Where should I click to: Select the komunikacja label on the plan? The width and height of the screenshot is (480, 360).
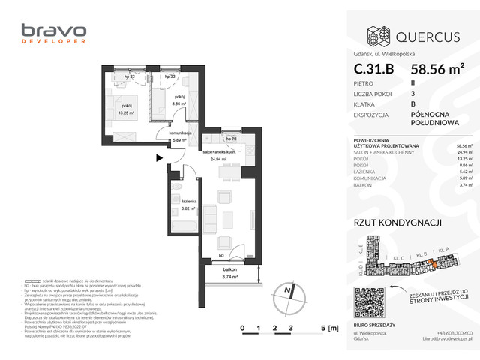point(181,133)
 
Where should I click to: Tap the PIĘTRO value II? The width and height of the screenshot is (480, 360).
point(414,84)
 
